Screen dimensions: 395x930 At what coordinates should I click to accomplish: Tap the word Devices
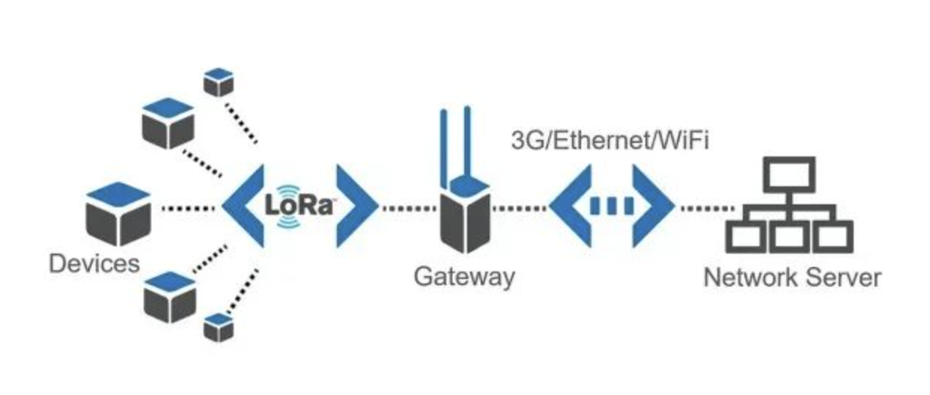[x=94, y=263]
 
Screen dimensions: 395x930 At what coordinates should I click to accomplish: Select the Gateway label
[x=464, y=277]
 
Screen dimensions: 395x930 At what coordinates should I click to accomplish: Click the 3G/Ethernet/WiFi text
[x=609, y=141]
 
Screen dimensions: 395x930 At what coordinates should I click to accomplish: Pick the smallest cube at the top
[x=219, y=82]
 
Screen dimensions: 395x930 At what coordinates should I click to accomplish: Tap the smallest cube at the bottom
[x=219, y=327]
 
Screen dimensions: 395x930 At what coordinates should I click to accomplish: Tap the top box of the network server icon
[x=788, y=173]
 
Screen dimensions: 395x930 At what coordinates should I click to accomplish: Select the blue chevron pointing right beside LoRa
[x=355, y=205]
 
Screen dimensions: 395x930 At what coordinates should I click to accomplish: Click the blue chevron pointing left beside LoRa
[x=244, y=205]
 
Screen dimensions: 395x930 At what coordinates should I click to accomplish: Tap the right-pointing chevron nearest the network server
[x=651, y=206]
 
